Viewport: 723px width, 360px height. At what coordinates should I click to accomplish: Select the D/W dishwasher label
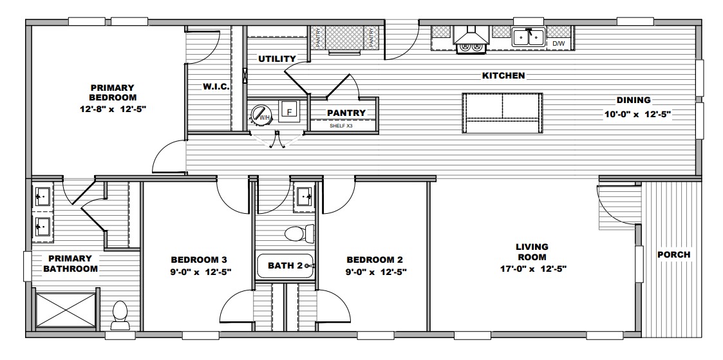[x=558, y=44]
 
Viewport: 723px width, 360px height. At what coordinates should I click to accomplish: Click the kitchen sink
[x=529, y=37]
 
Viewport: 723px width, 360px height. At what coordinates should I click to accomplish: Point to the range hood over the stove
[x=471, y=35]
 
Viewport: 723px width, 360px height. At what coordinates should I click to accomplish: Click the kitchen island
[x=502, y=113]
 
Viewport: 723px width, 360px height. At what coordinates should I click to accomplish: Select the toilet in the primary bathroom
[x=120, y=316]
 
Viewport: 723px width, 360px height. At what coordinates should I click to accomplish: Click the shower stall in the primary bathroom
[x=66, y=309]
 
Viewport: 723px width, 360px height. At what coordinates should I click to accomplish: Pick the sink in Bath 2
[x=305, y=197]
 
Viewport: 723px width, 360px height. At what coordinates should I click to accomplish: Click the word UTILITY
[x=277, y=59]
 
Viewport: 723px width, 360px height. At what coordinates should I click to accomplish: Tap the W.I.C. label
[x=216, y=87]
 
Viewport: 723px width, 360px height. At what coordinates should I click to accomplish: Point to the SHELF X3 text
[x=341, y=126]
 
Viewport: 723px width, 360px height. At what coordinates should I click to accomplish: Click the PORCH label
[x=673, y=254]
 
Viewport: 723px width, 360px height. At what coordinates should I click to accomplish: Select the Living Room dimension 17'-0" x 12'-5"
[x=533, y=269]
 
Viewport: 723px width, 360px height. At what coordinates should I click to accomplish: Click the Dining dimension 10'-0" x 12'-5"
[x=637, y=115]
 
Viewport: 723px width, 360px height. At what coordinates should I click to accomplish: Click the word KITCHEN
[x=503, y=75]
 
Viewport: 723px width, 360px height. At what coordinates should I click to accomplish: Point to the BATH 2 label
[x=285, y=265]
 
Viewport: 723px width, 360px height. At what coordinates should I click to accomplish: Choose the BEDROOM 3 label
[x=199, y=260]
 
